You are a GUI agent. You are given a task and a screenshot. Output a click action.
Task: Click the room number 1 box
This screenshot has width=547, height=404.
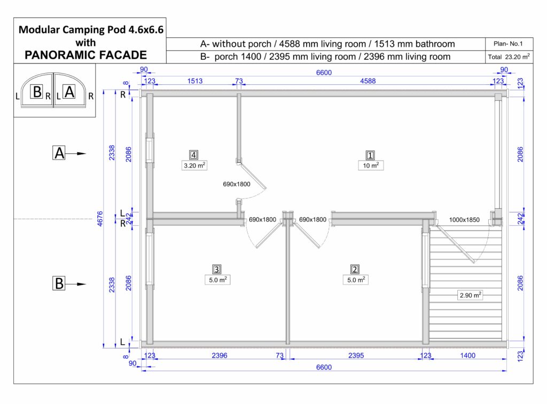click(370, 155)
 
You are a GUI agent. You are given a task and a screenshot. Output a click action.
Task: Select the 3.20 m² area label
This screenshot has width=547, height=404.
click(194, 165)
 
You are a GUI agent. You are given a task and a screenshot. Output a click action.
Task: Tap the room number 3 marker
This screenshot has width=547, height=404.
click(217, 269)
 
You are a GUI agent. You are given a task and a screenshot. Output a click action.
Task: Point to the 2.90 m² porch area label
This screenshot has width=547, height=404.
click(470, 295)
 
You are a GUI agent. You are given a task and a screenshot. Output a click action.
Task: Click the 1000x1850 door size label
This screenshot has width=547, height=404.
click(464, 219)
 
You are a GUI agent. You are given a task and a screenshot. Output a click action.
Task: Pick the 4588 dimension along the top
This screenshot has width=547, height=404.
click(368, 81)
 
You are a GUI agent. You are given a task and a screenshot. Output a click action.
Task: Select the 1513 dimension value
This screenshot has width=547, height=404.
click(194, 81)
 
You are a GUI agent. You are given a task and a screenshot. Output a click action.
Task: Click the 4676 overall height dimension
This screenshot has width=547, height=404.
click(100, 219)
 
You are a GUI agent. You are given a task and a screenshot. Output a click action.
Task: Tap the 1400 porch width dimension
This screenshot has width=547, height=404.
click(467, 355)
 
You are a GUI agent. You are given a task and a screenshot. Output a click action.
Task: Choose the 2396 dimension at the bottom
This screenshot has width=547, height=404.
click(220, 355)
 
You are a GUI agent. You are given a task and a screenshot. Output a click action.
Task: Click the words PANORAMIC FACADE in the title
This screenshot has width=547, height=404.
click(86, 55)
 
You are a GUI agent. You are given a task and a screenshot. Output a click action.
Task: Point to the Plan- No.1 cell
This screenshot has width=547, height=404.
click(509, 44)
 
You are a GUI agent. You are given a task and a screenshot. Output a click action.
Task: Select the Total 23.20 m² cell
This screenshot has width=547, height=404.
click(509, 57)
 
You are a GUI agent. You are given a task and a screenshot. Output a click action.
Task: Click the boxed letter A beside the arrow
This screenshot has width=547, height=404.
click(59, 153)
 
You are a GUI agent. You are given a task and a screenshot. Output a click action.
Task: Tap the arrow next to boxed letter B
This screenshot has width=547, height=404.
click(76, 284)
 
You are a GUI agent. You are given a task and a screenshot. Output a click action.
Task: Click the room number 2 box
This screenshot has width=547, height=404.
click(355, 269)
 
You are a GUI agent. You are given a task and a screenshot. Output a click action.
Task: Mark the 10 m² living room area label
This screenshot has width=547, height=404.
click(371, 165)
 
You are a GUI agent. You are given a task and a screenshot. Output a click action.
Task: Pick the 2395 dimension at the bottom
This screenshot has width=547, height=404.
click(356, 355)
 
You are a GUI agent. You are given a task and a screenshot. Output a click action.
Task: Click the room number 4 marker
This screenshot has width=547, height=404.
click(193, 155)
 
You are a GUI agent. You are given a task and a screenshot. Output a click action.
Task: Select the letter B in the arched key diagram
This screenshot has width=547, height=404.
click(37, 92)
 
